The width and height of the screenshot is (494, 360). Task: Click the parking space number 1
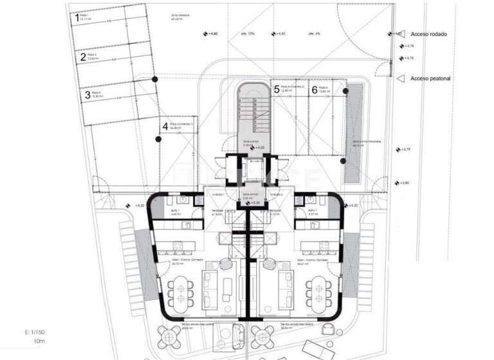tap(77, 19)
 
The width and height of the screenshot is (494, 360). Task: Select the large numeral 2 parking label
tap(83, 57)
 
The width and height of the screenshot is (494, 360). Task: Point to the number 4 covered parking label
tap(165, 126)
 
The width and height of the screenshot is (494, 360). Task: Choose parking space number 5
tap(277, 90)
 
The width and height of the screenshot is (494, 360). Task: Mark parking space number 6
tap(315, 90)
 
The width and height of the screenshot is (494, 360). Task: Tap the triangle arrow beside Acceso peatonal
tap(401, 78)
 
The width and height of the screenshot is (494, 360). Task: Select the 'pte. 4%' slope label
tap(314, 33)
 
